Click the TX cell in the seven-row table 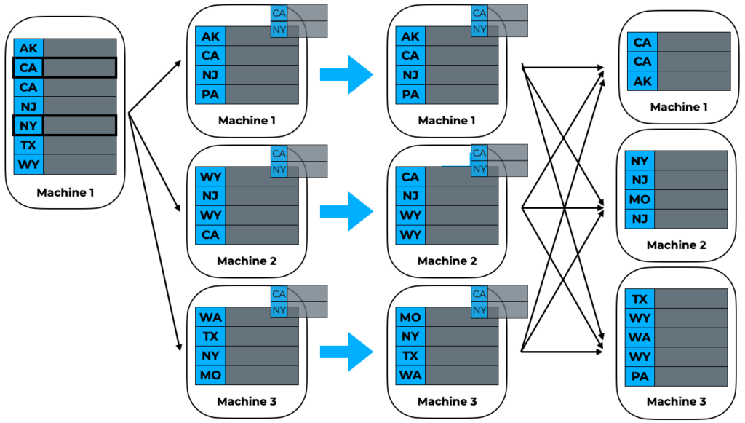coord(28,145)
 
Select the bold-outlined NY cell coord(28,125)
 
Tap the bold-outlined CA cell coord(28,68)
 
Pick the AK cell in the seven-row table coord(28,48)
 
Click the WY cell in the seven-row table coord(28,164)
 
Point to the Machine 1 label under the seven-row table coord(66,194)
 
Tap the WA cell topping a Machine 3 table coord(210,317)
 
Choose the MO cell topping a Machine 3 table coord(410,317)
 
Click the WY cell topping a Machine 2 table coord(210,177)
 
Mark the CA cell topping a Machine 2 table coord(410,177)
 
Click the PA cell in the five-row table coord(640,376)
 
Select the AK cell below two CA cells coord(642,82)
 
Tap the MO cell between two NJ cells coord(640,199)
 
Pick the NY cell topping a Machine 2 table coord(640,161)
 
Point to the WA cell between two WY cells coord(640,338)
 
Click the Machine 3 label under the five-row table coord(676,401)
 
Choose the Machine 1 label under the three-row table coord(679,107)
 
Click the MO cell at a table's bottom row coord(210,375)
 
